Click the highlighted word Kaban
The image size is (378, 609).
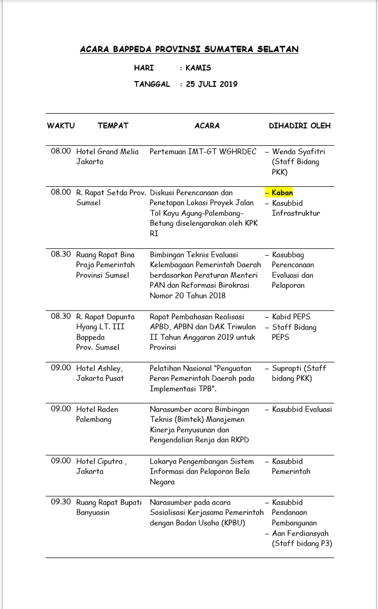coord(282,192)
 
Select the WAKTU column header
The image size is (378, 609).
coord(61,126)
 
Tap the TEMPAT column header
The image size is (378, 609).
coord(113,126)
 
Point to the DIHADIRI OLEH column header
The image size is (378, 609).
coord(300,126)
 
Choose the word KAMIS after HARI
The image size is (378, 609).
coord(198,68)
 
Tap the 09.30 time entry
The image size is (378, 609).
coord(61,502)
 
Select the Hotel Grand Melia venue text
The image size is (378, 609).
coord(107,151)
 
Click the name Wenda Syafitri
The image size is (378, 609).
coord(299,151)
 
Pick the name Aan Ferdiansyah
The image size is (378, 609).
coord(299,533)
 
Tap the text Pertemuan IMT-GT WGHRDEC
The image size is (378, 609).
coord(203,151)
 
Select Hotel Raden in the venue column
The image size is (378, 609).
coord(97,409)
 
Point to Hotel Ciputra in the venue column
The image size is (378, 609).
coord(100,461)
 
